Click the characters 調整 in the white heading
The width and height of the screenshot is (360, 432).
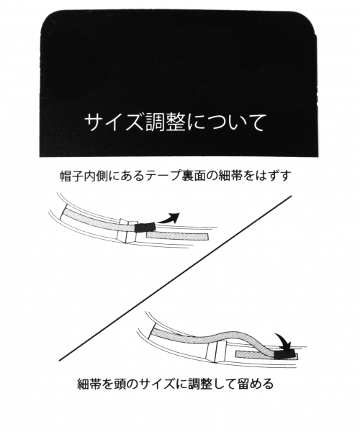pos(159,121)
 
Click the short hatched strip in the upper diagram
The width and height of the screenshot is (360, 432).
pos(177,235)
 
